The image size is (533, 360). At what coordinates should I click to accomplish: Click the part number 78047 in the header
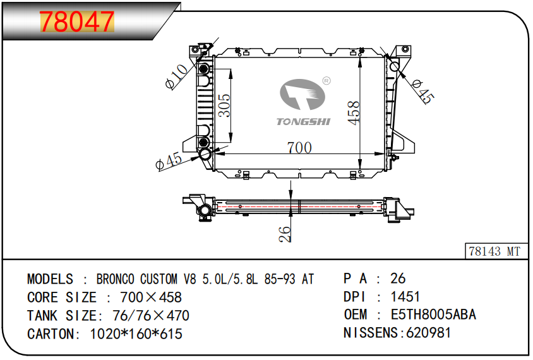[78, 22]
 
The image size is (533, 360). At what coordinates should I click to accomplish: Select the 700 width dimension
[299, 148]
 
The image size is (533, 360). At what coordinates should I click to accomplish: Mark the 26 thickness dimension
[285, 234]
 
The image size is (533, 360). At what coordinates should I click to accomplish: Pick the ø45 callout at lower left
[169, 161]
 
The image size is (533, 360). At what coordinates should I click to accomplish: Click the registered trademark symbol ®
[326, 81]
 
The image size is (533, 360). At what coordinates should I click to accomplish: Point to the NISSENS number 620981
[428, 333]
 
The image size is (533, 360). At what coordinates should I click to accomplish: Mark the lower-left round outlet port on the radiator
[205, 155]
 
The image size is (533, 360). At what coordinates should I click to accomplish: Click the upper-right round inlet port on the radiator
[395, 66]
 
